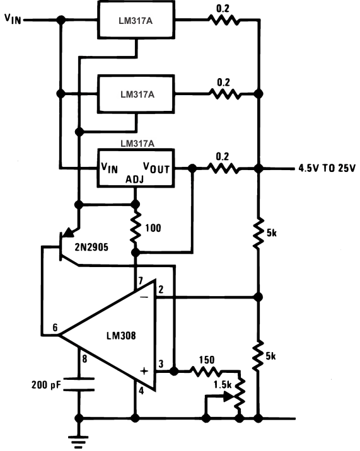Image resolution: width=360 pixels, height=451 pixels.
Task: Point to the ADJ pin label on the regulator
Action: point(134,180)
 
